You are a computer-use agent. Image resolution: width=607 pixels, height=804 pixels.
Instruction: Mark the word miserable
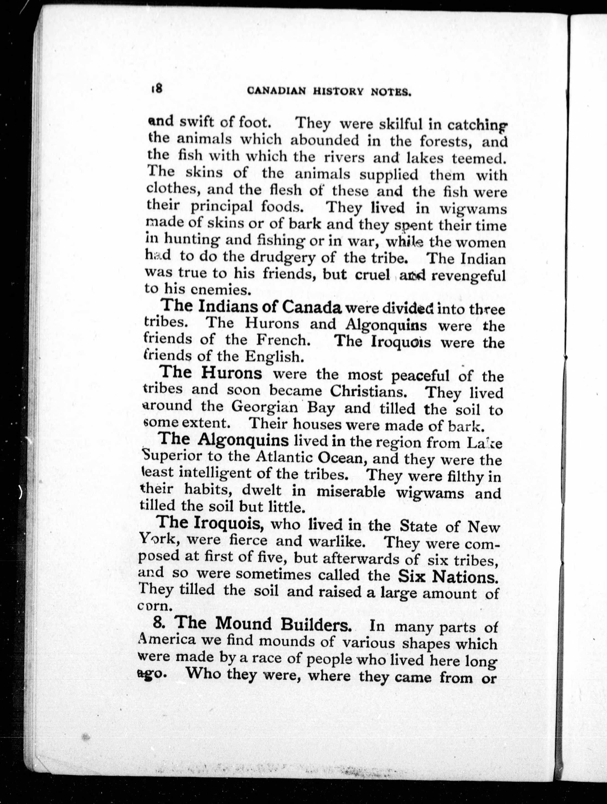(351, 492)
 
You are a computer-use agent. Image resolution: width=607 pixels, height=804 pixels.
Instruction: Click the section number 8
(158, 623)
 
